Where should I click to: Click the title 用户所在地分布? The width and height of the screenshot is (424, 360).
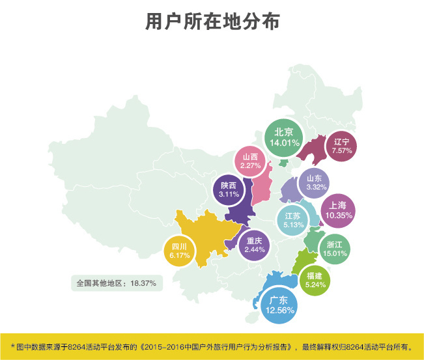(x=212, y=21)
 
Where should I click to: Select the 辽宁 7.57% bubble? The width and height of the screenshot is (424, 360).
(x=341, y=146)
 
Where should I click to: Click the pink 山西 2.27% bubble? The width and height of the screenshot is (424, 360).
(x=251, y=161)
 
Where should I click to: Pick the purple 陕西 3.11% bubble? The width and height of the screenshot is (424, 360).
(x=229, y=190)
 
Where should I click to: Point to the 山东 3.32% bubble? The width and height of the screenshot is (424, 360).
(x=314, y=183)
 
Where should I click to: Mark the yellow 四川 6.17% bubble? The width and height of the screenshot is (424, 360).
(x=179, y=251)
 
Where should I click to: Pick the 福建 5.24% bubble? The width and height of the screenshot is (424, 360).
(x=315, y=280)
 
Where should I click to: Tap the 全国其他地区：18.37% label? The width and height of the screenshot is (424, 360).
(x=116, y=284)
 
